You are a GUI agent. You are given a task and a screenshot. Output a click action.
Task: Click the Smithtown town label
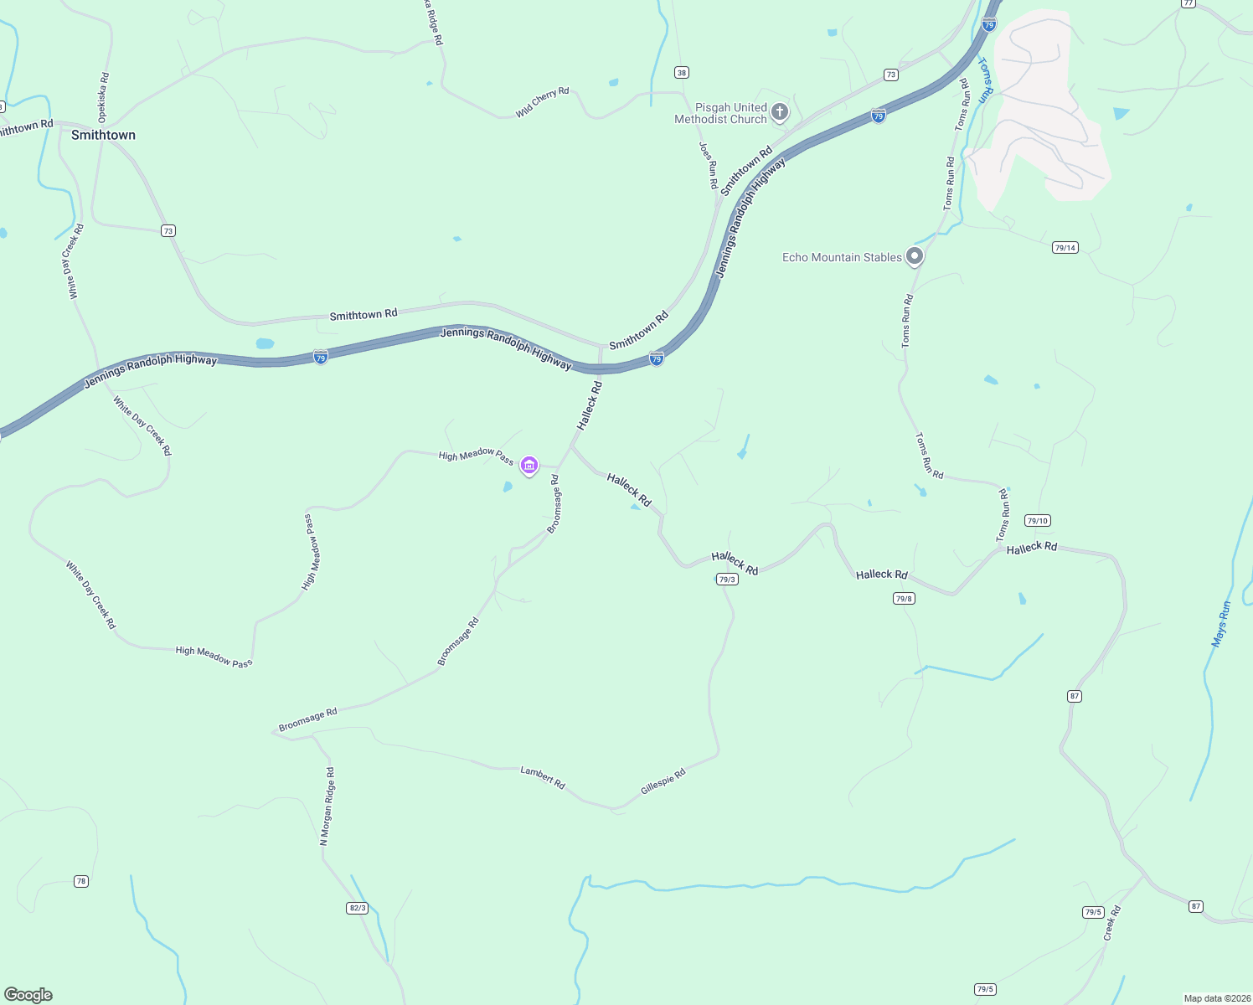click(103, 135)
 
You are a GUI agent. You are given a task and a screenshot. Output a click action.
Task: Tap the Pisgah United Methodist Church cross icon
click(780, 112)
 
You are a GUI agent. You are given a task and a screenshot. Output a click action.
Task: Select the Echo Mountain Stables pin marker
click(915, 256)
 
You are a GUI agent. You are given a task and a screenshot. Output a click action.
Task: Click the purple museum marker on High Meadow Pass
click(529, 466)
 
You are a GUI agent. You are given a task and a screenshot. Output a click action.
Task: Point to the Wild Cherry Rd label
click(542, 102)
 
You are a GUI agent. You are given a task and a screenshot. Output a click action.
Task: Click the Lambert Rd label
click(543, 777)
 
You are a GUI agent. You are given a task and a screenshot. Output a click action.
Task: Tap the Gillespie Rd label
click(663, 782)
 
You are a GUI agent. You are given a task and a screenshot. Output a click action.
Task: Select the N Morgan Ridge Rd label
click(327, 806)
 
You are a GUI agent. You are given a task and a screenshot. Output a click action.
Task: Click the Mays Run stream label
click(1220, 624)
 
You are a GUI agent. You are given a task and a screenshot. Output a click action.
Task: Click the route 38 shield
click(682, 73)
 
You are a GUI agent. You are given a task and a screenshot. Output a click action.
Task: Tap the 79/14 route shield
click(1065, 248)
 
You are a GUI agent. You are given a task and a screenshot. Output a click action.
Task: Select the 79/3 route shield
click(727, 580)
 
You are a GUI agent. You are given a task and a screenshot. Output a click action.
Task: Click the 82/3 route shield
click(357, 908)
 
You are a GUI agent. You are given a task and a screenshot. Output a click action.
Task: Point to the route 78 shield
click(80, 881)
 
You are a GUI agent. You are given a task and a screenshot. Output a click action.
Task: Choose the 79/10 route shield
click(1037, 521)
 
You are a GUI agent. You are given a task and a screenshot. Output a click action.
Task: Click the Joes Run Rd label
click(709, 164)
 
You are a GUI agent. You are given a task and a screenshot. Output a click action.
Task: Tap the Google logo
click(28, 995)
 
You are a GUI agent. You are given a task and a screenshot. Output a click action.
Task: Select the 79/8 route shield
click(904, 598)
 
